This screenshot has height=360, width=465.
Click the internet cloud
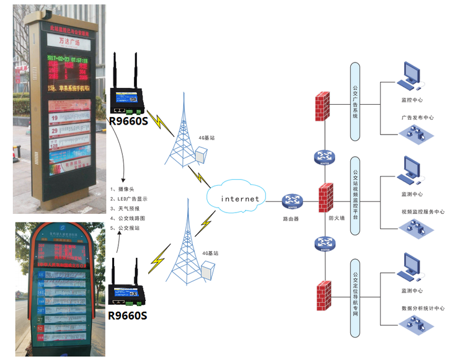pyautogui.click(x=236, y=199)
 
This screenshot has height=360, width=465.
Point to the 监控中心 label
pyautogui.click(x=412, y=99)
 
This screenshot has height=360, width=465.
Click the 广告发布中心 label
pyautogui.click(x=417, y=117)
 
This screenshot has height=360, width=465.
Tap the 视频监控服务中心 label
pyautogui.click(x=423, y=212)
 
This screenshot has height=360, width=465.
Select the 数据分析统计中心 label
pyautogui.click(x=423, y=307)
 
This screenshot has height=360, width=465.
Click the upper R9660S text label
pyautogui.click(x=128, y=120)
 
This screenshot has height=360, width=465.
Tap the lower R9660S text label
pyautogui.click(x=128, y=315)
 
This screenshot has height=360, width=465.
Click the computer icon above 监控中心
pyautogui.click(x=412, y=74)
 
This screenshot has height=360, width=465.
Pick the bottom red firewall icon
pyautogui.click(x=322, y=296)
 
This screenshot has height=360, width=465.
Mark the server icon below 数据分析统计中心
pyautogui.click(x=412, y=325)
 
